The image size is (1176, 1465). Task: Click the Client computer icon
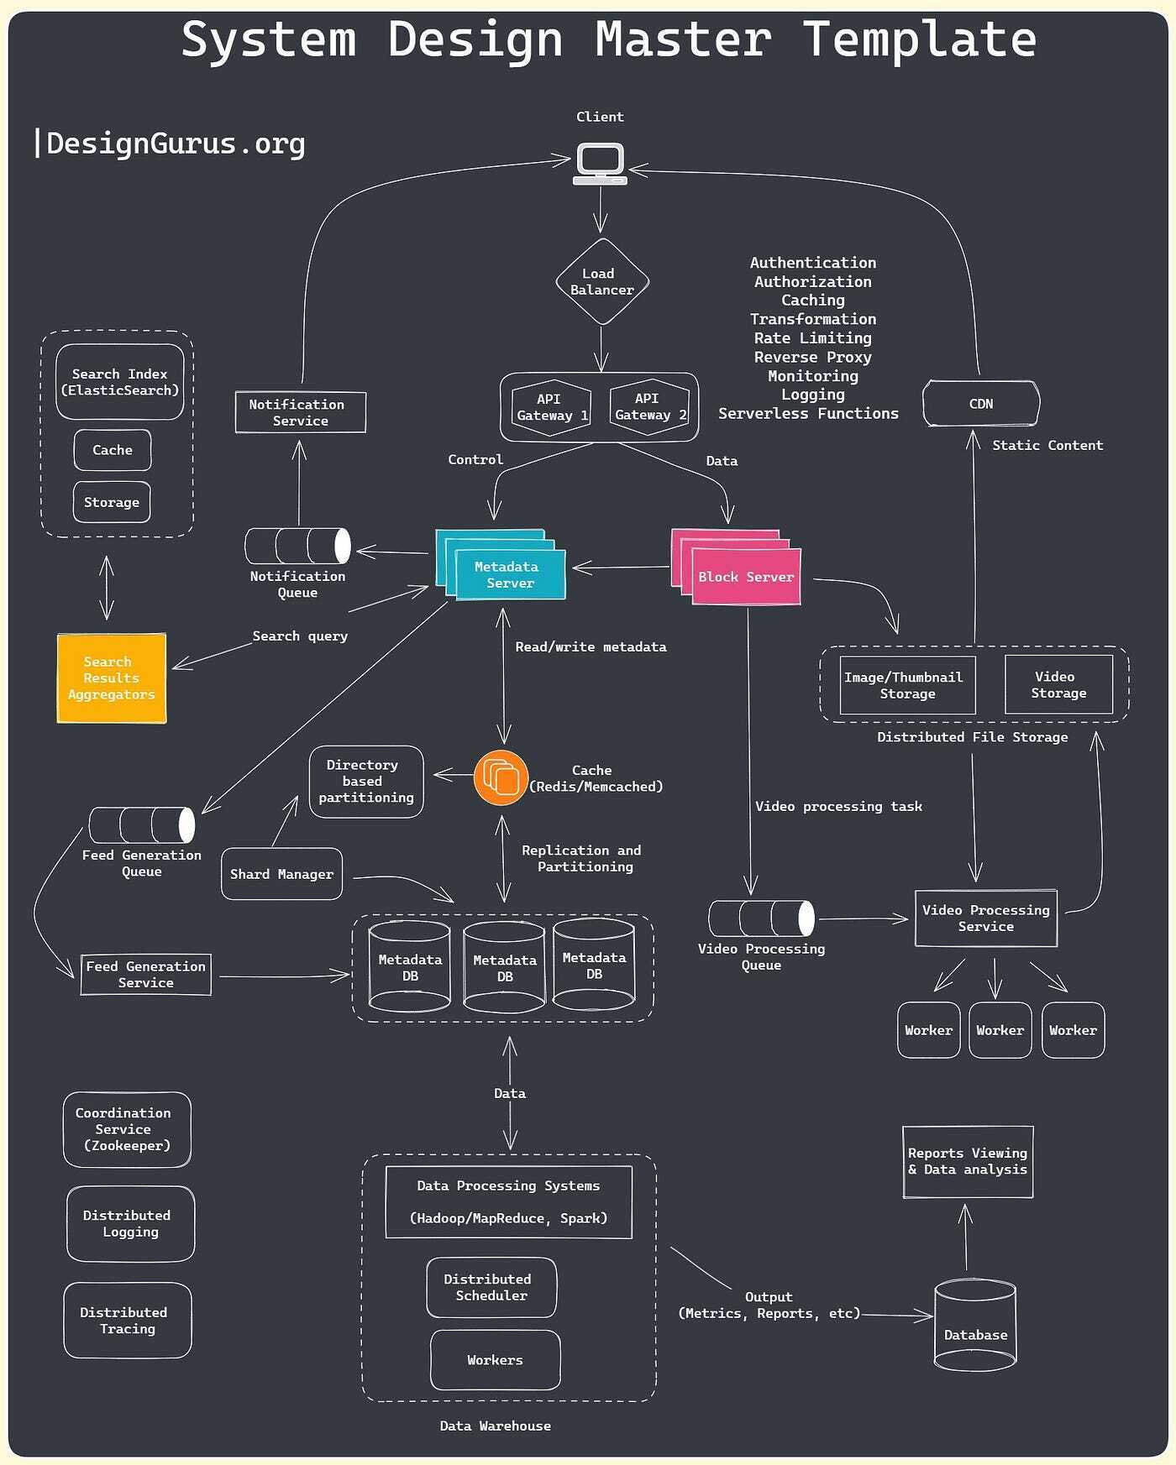point(600,163)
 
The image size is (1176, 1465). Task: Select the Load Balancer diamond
point(601,281)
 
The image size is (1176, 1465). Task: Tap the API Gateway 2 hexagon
point(648,407)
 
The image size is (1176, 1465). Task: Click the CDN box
point(980,404)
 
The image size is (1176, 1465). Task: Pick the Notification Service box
point(300,412)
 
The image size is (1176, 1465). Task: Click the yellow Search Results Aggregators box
point(112,678)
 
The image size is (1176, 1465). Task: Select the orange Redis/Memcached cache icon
point(501,778)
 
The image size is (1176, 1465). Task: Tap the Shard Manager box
point(281,874)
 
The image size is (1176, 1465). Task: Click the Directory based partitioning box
point(365,782)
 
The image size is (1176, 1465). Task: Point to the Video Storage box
point(1058,685)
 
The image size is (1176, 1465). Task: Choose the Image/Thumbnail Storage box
point(906,685)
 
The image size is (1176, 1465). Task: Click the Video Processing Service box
point(985,918)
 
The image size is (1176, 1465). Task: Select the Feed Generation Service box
point(145,975)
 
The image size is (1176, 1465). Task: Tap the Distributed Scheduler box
point(491,1287)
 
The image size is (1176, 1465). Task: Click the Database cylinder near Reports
point(974,1326)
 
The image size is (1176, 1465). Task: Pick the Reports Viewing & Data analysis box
point(967,1162)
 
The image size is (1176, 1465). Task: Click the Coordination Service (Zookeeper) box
point(126,1129)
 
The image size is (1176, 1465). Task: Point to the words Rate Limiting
point(812,338)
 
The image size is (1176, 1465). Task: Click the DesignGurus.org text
point(175,144)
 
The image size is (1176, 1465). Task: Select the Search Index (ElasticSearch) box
point(119,382)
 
